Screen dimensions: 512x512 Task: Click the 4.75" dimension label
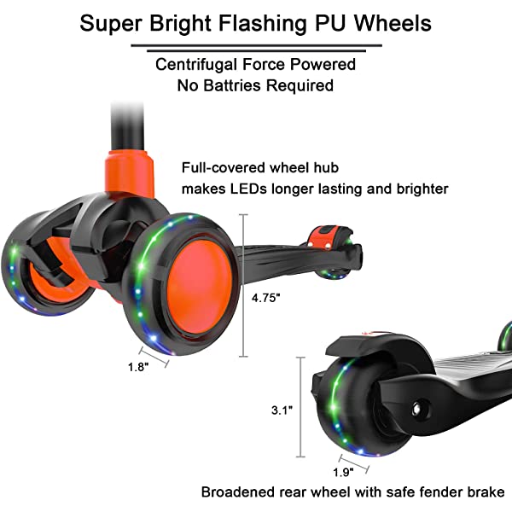tap(265, 299)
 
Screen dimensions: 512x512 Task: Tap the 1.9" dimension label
tap(341, 472)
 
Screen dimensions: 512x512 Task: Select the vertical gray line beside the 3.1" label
tap(300, 406)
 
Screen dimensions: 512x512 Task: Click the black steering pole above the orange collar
tap(124, 124)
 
